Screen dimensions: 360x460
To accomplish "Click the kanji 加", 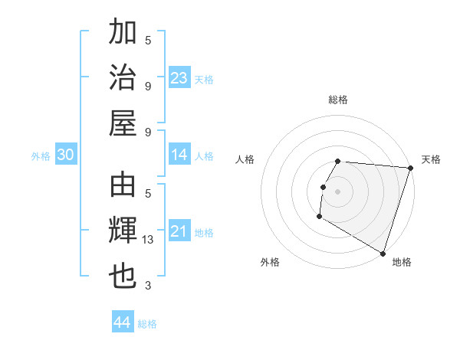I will (x=123, y=33).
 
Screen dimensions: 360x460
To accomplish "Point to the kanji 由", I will (x=123, y=186).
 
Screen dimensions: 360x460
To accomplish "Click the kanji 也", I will (x=123, y=276).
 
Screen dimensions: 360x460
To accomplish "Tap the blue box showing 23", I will (x=179, y=77).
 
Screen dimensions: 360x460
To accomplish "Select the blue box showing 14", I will (x=179, y=155).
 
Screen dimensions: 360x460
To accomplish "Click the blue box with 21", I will (x=179, y=231).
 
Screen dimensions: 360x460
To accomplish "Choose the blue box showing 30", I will (x=65, y=155).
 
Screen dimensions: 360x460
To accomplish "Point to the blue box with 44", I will (x=123, y=323).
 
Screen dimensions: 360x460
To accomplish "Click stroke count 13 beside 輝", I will (x=148, y=241).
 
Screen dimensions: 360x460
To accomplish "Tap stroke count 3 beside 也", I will (x=148, y=286).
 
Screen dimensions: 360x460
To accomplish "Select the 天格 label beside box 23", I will (x=204, y=79).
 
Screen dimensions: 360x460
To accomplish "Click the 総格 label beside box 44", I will (x=147, y=325).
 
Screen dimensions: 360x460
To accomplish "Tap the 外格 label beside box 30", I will (x=41, y=156).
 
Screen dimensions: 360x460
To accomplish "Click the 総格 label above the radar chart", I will (x=338, y=100).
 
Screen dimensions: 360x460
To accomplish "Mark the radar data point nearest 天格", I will (x=409, y=169).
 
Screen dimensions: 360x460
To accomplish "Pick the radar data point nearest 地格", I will (x=382, y=252).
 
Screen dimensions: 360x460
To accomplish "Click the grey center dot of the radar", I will (x=337, y=191).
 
